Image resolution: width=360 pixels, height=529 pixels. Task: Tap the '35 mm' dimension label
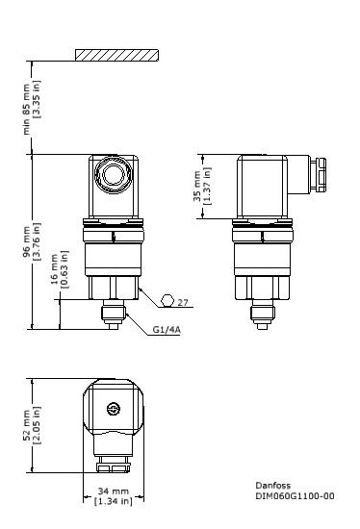click(x=197, y=187)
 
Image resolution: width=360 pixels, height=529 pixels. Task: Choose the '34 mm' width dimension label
click(x=113, y=491)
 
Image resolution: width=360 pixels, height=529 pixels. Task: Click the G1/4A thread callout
click(x=166, y=329)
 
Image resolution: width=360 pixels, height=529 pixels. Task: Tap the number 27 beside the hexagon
click(x=183, y=302)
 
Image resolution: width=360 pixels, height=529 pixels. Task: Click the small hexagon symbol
click(x=168, y=301)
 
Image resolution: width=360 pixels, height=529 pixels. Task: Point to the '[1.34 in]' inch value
click(x=113, y=500)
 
